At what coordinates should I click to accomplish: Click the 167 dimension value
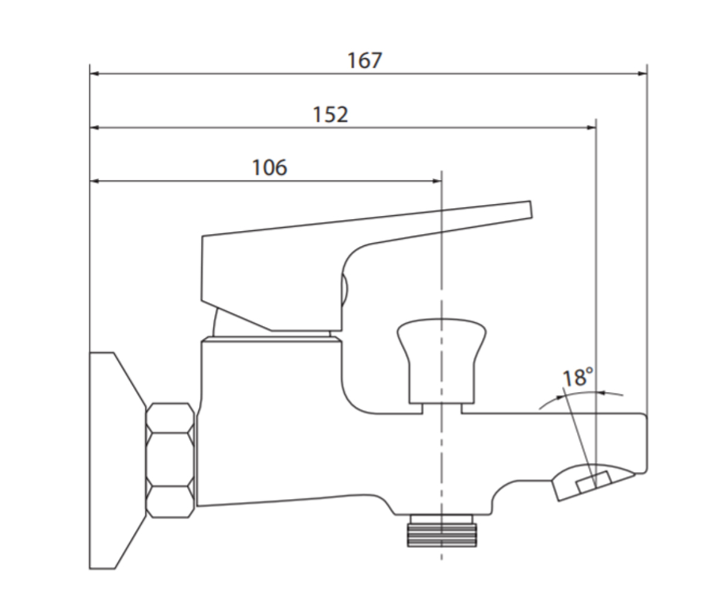pos(365,61)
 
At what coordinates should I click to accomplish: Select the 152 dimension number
pos(330,114)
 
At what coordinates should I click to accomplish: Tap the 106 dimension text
pos(270,168)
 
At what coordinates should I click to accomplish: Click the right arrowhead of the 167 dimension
pos(642,73)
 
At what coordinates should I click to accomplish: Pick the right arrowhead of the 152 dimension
pos(591,128)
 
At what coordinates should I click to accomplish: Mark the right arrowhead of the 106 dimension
pos(437,181)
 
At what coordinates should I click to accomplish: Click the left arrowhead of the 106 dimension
pos(94,181)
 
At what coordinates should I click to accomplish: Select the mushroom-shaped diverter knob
pos(442,361)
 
